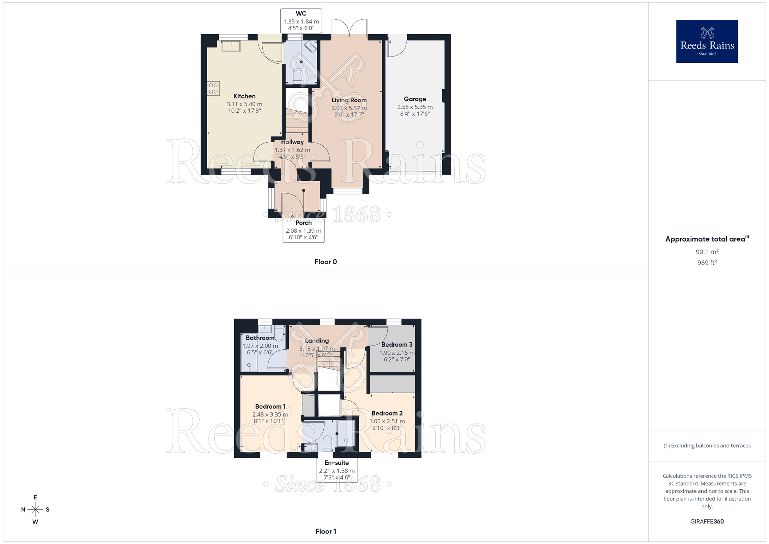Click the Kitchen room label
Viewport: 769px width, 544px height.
click(244, 96)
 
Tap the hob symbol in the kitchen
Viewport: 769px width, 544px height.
click(213, 88)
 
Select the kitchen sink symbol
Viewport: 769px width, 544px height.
click(231, 46)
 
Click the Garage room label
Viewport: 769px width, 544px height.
click(415, 99)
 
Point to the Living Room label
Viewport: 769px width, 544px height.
click(349, 100)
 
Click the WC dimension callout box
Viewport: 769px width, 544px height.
click(301, 21)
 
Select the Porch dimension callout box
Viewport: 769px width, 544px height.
click(303, 230)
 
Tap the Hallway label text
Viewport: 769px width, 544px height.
click(292, 142)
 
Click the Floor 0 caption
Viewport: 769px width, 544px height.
click(326, 262)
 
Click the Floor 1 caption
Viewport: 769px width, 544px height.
click(326, 531)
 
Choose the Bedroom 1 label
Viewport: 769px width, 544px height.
click(270, 406)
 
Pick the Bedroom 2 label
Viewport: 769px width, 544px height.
click(387, 413)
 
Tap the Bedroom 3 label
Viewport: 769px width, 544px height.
click(397, 344)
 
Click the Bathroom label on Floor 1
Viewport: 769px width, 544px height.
click(260, 338)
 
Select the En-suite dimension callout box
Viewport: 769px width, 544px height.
click(337, 470)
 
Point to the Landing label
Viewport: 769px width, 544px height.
click(317, 340)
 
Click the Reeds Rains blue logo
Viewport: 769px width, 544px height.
click(707, 42)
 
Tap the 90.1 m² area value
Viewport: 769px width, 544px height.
click(707, 252)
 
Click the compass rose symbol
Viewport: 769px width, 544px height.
click(35, 510)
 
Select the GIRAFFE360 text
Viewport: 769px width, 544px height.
click(707, 522)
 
